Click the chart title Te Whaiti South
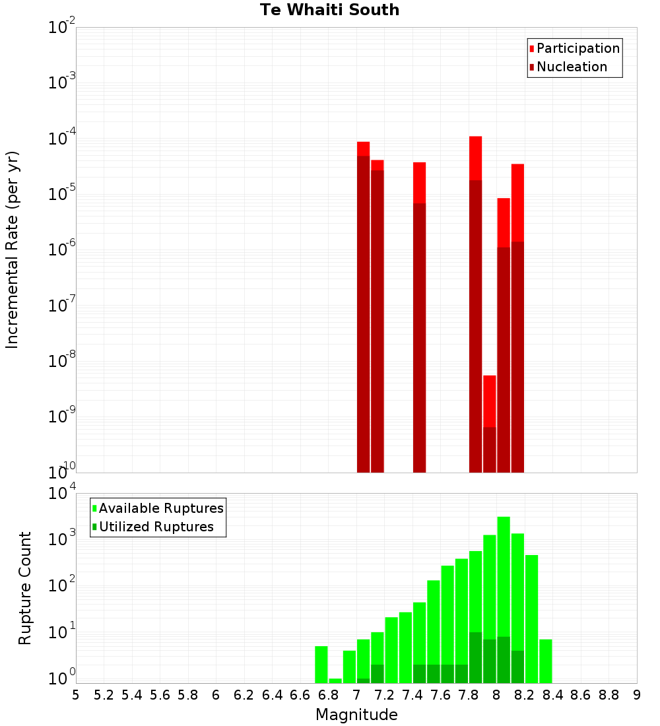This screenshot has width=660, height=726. [x=329, y=10]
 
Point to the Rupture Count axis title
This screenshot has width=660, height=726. [x=25, y=588]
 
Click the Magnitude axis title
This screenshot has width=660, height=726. [x=356, y=715]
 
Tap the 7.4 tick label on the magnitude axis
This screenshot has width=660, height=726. [x=412, y=695]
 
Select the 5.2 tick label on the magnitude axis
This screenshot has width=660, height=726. [x=104, y=695]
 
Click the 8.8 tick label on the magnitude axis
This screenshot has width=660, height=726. [x=609, y=695]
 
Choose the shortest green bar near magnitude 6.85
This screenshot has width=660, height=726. [x=335, y=680]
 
